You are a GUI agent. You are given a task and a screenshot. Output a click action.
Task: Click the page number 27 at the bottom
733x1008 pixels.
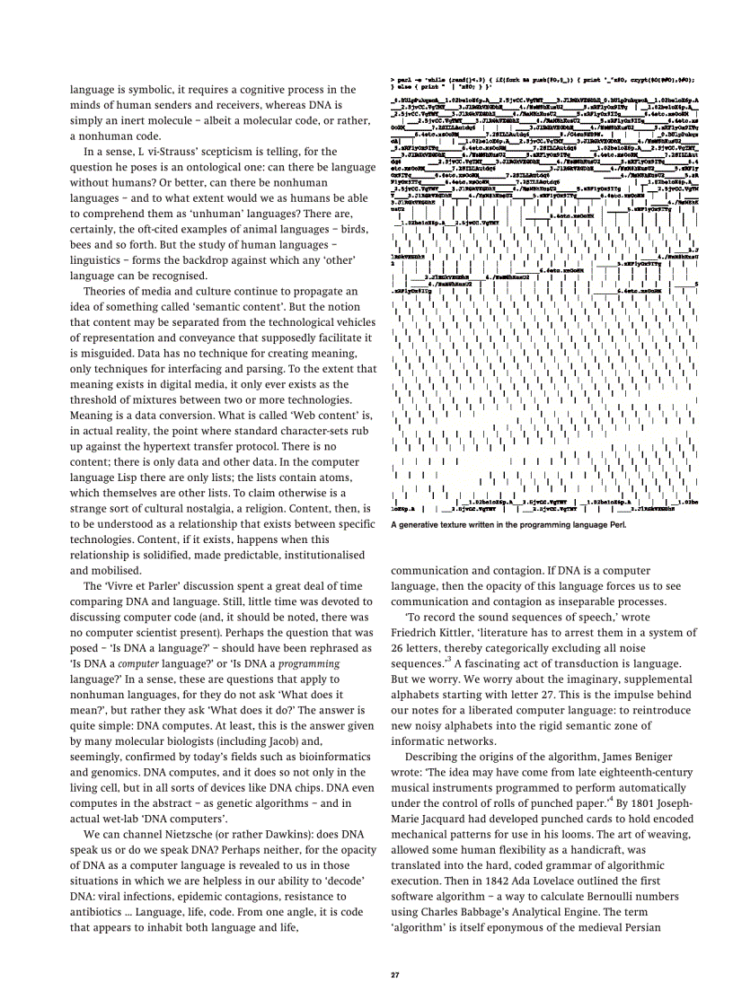[394, 975]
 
